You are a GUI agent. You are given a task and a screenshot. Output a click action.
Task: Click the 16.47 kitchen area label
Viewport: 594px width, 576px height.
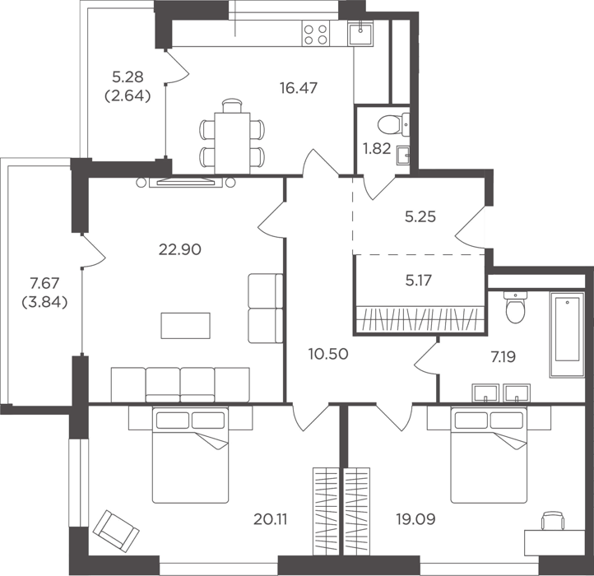(299, 88)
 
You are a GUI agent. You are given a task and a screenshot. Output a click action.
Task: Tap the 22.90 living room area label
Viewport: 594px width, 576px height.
(179, 249)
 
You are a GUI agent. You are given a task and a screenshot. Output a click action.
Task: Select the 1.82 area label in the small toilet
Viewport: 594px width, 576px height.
(377, 149)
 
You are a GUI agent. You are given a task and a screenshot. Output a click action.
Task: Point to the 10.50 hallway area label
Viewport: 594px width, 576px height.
(328, 354)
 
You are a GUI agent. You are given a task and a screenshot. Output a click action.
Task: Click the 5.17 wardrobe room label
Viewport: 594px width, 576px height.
(418, 281)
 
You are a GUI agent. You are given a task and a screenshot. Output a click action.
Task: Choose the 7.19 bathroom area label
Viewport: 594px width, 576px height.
(504, 357)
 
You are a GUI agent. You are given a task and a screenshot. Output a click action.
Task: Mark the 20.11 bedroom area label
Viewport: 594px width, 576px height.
(270, 519)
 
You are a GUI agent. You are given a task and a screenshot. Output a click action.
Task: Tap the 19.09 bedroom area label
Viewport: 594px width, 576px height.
(415, 519)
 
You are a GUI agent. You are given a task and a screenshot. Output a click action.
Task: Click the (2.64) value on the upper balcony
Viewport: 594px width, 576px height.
(128, 96)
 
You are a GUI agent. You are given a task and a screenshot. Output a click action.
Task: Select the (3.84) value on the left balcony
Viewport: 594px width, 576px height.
(44, 303)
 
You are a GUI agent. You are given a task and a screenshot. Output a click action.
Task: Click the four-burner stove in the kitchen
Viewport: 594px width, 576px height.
(316, 34)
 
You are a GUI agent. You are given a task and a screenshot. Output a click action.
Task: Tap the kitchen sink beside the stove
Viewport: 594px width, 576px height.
(360, 33)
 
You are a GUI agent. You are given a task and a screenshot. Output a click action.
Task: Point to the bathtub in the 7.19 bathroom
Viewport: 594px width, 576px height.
(567, 335)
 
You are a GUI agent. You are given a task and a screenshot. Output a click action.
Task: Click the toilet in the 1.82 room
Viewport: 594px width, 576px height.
(393, 124)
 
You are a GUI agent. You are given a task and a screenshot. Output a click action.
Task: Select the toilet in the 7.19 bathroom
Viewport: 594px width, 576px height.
(516, 307)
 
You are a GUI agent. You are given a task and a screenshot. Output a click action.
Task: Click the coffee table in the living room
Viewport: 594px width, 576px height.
(185, 326)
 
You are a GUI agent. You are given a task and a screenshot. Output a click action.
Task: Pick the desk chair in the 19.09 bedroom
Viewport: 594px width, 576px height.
(553, 521)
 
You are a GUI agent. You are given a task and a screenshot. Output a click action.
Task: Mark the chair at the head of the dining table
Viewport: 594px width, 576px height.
(232, 105)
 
